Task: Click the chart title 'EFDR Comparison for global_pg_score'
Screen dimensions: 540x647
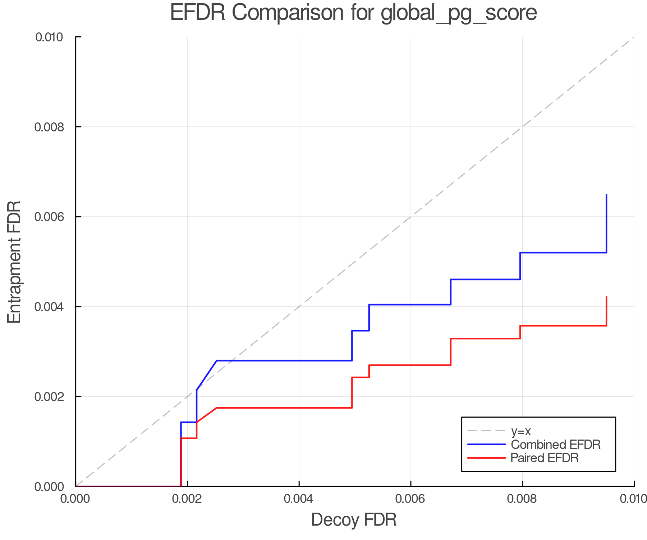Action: click(x=353, y=13)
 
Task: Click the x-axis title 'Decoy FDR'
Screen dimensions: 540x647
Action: click(x=354, y=520)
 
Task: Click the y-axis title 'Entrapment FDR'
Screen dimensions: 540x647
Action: click(x=14, y=262)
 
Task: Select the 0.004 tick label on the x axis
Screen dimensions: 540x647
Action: click(x=299, y=499)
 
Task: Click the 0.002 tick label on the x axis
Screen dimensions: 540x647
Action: click(x=187, y=499)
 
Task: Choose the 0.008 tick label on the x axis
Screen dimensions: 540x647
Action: click(x=522, y=499)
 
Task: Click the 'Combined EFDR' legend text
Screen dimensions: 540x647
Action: click(x=555, y=445)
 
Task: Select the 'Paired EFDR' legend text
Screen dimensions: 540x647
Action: click(x=545, y=458)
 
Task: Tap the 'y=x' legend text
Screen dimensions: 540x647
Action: click(x=521, y=431)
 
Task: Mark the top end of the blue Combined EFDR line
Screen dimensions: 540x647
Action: click(x=606, y=195)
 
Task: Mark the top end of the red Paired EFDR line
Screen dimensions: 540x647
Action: click(x=606, y=297)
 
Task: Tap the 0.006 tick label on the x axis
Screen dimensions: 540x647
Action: click(x=410, y=499)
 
